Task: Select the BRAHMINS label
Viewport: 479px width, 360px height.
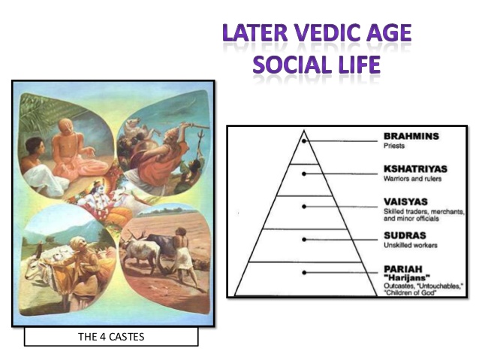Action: pyautogui.click(x=411, y=136)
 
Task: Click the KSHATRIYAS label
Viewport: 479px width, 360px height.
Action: pyautogui.click(x=415, y=169)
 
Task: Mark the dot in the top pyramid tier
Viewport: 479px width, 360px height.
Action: pyautogui.click(x=304, y=141)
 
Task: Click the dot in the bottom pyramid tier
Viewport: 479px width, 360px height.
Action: pyautogui.click(x=304, y=272)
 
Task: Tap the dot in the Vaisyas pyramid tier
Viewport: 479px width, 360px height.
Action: pyautogui.click(x=304, y=206)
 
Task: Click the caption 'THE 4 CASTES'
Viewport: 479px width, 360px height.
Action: pyautogui.click(x=111, y=336)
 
